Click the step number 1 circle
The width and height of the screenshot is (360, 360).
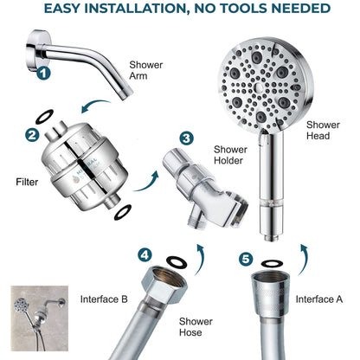point(43,74)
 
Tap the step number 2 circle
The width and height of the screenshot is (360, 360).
point(31,135)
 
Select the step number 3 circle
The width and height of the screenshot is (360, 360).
point(187,138)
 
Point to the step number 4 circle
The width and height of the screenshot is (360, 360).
point(145,254)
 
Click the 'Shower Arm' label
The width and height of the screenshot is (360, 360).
point(145,70)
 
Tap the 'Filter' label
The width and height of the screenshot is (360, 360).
point(28,183)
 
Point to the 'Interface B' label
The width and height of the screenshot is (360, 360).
point(105,299)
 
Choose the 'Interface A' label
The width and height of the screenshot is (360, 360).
point(320,299)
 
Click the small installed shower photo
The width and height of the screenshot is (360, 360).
point(35,316)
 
